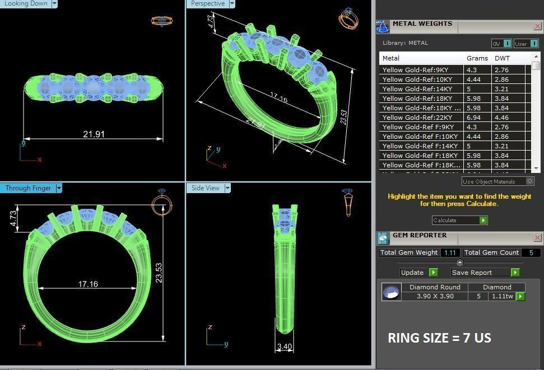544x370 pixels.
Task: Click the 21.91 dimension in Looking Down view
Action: [x=94, y=134]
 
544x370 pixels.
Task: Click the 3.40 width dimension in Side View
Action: [x=285, y=346]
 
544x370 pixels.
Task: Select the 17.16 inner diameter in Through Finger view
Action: [x=88, y=284]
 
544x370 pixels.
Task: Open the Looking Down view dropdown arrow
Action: [x=54, y=3]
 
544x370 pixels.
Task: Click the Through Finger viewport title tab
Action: [x=28, y=188]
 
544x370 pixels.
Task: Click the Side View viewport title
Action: [x=205, y=188]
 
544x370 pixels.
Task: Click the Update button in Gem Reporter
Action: [x=413, y=273]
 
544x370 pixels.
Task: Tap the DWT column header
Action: [x=503, y=58]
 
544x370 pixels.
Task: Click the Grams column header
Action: [x=477, y=58]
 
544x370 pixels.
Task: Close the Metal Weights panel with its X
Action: [x=537, y=26]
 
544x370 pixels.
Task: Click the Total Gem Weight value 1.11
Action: [x=450, y=253]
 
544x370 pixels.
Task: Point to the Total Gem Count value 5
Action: [x=531, y=253]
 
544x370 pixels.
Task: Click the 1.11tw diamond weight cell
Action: [x=502, y=296]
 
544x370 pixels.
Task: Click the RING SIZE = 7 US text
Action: [x=440, y=338]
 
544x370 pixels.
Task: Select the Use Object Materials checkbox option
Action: [x=529, y=181]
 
